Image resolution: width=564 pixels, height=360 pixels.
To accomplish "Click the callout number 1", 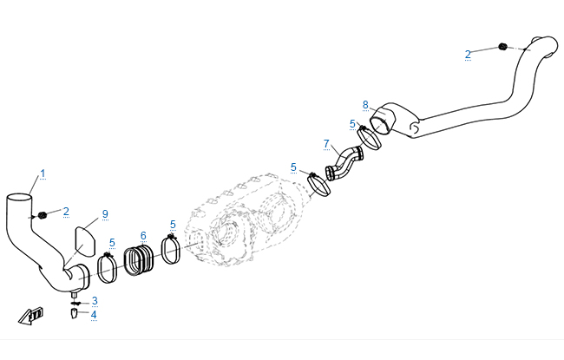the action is pyautogui.click(x=43, y=173).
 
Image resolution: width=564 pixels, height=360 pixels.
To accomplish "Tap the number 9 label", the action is pyautogui.click(x=105, y=214).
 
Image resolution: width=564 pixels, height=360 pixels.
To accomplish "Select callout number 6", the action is pyautogui.click(x=143, y=236).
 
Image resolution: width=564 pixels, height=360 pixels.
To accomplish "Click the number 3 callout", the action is pyautogui.click(x=95, y=301).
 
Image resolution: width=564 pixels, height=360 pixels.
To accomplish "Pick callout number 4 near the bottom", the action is pyautogui.click(x=94, y=315).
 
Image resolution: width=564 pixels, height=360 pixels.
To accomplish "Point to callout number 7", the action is pyautogui.click(x=326, y=144).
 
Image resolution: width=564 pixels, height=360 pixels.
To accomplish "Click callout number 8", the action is pyautogui.click(x=365, y=105).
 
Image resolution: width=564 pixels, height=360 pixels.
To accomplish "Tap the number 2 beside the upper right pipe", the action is pyautogui.click(x=468, y=55).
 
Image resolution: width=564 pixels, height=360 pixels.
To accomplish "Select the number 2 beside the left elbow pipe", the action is pyautogui.click(x=66, y=212).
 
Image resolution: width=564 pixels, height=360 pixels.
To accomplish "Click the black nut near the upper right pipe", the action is pyautogui.click(x=502, y=46).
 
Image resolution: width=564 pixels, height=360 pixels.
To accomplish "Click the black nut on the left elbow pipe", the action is pyautogui.click(x=43, y=215).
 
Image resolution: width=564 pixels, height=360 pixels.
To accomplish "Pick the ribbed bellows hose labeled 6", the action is pyautogui.click(x=139, y=260).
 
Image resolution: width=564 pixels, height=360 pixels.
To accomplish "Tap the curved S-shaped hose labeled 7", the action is pyautogui.click(x=344, y=162).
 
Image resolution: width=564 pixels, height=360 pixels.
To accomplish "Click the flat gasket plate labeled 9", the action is pyautogui.click(x=85, y=241).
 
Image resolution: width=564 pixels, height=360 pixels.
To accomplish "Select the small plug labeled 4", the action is pyautogui.click(x=74, y=314).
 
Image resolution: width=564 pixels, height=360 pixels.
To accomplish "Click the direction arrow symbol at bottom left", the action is pyautogui.click(x=31, y=316).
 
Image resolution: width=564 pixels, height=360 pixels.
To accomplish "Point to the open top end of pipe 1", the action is pyautogui.click(x=19, y=198).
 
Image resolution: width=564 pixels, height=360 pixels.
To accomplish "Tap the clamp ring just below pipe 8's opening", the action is pyautogui.click(x=369, y=138).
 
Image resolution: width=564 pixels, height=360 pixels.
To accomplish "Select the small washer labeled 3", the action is pyautogui.click(x=74, y=303).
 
